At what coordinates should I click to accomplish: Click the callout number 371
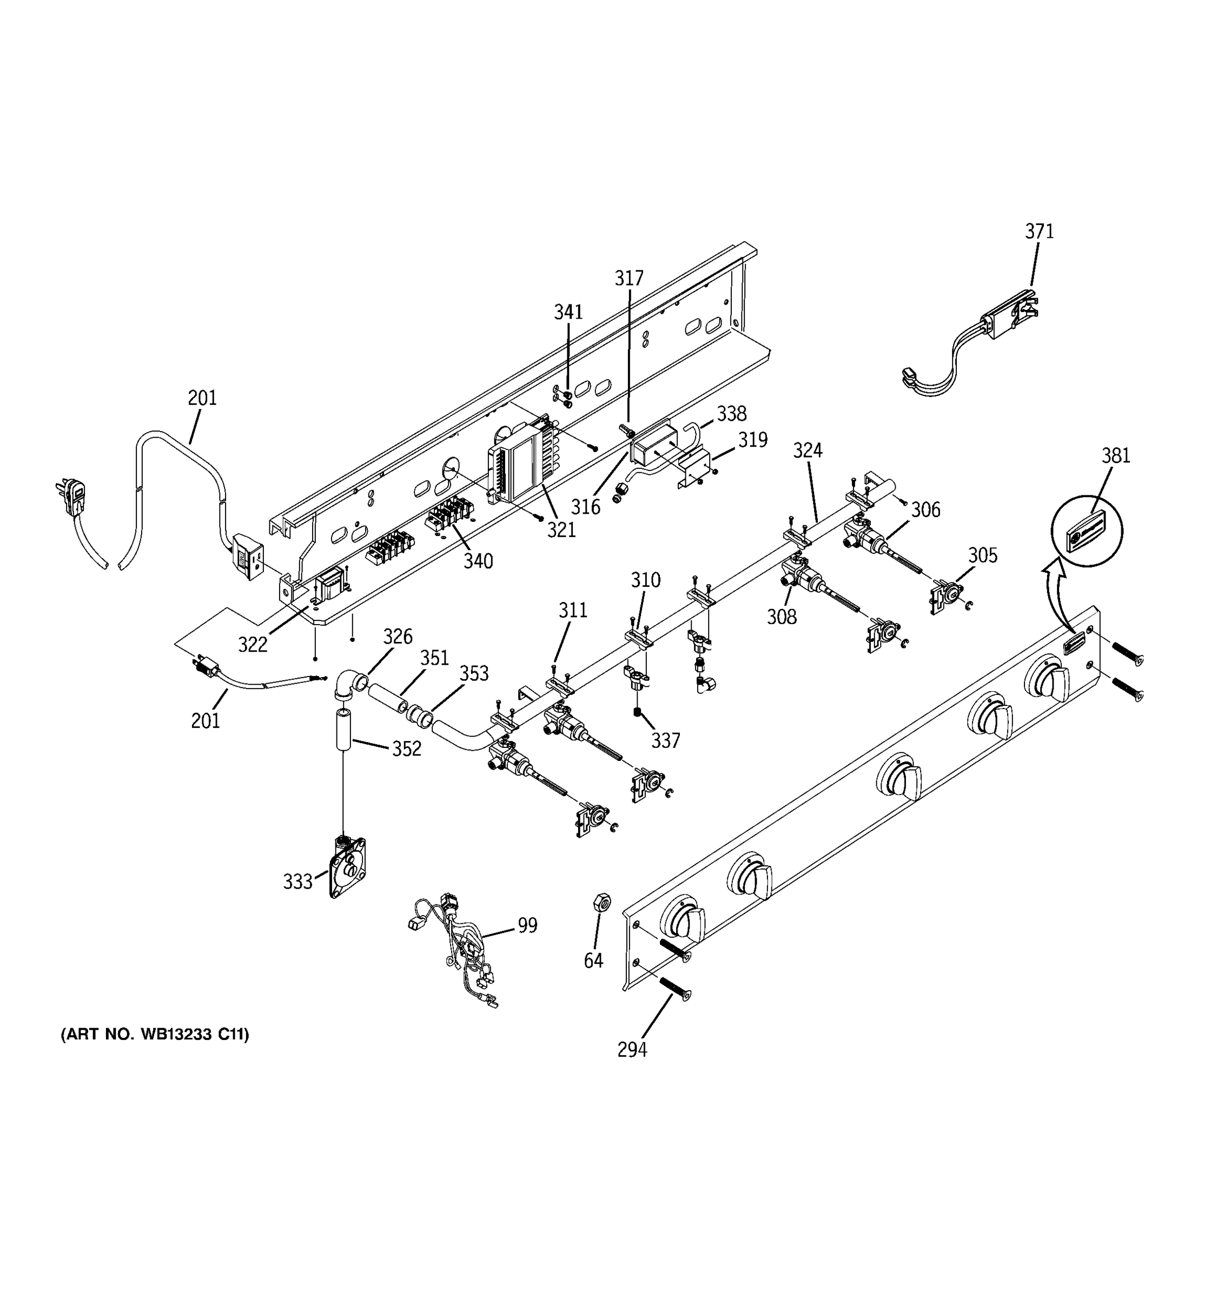coord(1039,232)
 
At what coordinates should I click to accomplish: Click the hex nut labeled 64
coord(601,903)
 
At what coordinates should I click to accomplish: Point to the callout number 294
coord(632,1050)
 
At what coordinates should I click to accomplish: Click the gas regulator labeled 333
coord(347,869)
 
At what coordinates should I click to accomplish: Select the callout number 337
coord(665,740)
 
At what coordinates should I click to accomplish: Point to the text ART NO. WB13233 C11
coord(155,1034)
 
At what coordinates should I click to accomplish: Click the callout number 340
coord(478,561)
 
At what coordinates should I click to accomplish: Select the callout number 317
coord(629,279)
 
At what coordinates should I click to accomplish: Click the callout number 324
coord(808,451)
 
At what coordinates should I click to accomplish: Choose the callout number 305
coord(983,555)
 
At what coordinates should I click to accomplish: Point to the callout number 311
coord(573,611)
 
